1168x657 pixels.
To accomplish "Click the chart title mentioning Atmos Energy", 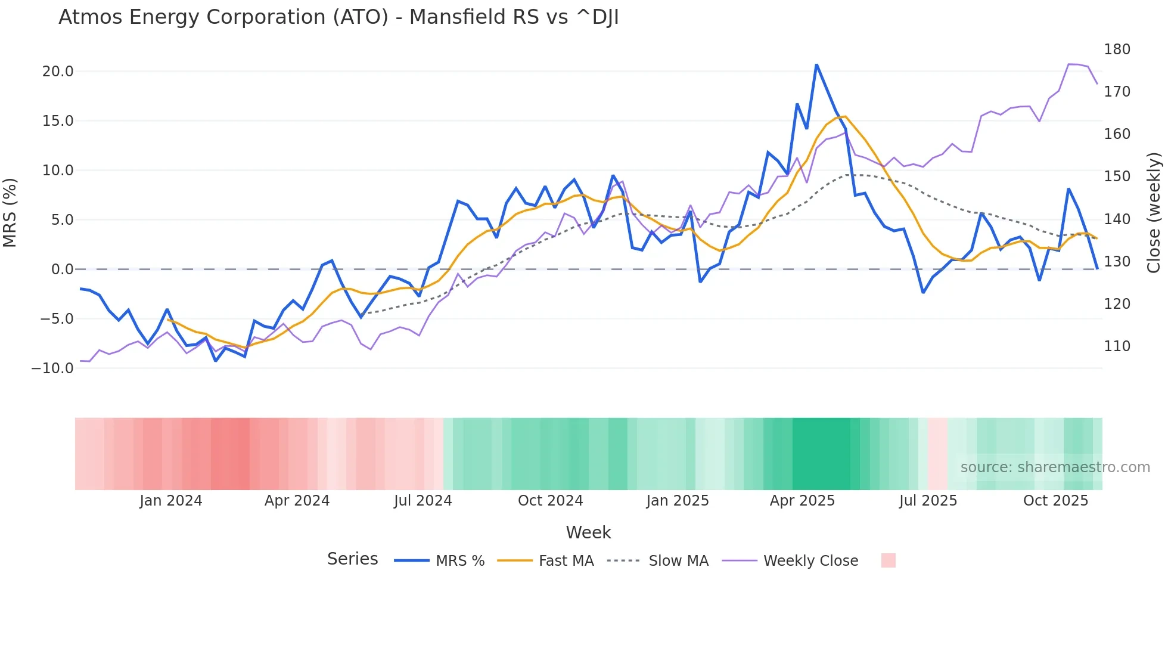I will (338, 17).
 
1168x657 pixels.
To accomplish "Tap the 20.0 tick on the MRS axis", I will (58, 72).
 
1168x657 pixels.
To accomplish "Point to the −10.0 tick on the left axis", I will (52, 368).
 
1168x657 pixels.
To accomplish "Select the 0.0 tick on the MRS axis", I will (62, 269).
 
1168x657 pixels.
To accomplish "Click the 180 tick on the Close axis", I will (1117, 49).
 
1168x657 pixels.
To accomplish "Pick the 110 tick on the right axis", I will (1117, 346).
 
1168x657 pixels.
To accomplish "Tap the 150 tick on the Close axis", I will (1117, 176).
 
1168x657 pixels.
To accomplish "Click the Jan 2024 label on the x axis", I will (171, 501).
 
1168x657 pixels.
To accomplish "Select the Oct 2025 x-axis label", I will (1055, 501).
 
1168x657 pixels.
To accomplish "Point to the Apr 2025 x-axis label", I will (802, 501).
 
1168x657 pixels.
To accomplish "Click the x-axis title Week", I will (588, 532).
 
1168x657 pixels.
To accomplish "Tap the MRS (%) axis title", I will (10, 212).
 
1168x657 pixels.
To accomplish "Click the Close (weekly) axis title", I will (1154, 212).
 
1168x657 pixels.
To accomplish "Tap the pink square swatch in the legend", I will (888, 560).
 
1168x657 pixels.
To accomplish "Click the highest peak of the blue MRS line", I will (816, 64).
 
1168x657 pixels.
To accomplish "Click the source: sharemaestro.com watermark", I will (1055, 467).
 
